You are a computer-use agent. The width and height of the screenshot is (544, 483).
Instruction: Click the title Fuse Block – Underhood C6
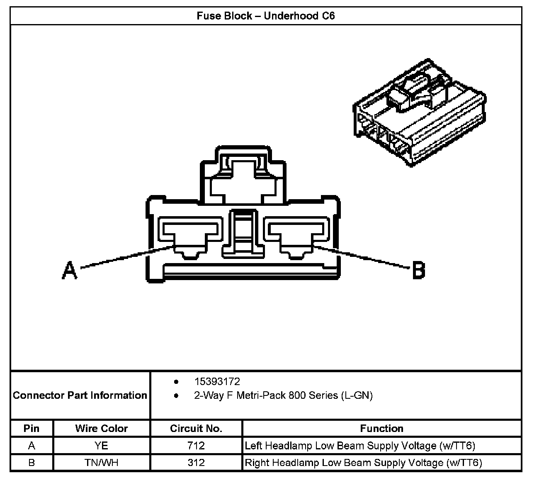click(x=265, y=16)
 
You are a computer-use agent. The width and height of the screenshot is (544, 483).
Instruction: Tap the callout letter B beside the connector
click(x=418, y=271)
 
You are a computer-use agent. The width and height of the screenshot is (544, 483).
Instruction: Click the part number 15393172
click(x=217, y=381)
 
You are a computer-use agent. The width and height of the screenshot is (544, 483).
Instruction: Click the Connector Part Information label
click(x=80, y=395)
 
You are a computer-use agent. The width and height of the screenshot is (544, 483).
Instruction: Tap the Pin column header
click(x=32, y=428)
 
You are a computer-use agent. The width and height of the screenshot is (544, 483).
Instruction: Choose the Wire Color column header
click(x=102, y=428)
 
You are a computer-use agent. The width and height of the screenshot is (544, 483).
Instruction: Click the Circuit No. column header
click(x=196, y=428)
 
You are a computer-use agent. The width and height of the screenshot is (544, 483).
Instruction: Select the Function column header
click(x=381, y=428)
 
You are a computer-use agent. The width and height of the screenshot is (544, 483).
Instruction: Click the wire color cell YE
click(x=102, y=446)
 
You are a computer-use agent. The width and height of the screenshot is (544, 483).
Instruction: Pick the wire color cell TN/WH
click(x=102, y=462)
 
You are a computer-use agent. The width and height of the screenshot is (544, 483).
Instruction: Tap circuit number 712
click(x=196, y=446)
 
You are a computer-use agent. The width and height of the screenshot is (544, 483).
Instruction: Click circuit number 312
click(x=196, y=462)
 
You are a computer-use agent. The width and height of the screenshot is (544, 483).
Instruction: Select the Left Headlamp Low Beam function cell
click(x=360, y=446)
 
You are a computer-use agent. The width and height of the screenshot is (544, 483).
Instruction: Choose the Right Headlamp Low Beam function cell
click(x=363, y=462)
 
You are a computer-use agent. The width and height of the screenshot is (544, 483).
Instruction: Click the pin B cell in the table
click(x=32, y=462)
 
